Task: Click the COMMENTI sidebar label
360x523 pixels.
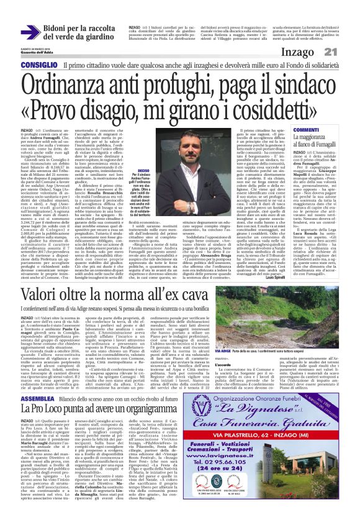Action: pos(282,129)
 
